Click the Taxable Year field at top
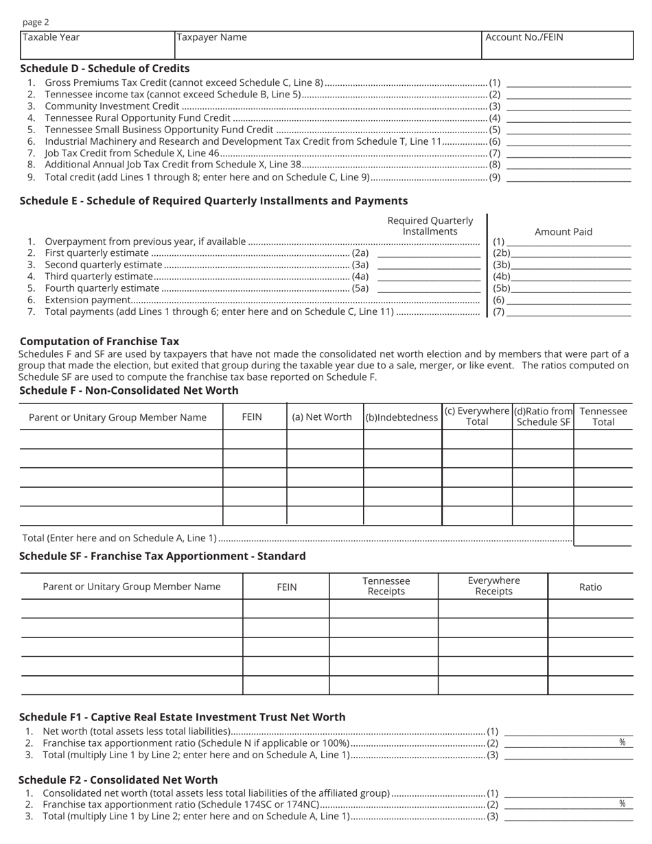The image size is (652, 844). click(97, 45)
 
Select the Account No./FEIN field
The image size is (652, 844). click(557, 45)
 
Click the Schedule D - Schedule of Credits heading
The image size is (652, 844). click(105, 69)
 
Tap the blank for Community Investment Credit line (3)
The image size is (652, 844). click(568, 106)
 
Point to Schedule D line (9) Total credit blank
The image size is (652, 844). click(568, 177)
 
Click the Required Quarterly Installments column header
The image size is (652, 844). click(430, 226)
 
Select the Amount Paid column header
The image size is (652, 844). click(563, 232)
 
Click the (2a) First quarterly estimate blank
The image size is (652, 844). click(429, 253)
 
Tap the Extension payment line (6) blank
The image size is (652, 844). click(568, 300)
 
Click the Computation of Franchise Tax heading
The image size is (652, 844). click(100, 341)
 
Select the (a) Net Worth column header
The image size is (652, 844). click(322, 417)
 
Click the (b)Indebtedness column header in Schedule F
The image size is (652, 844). click(401, 417)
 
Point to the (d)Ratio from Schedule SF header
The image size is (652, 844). click(543, 417)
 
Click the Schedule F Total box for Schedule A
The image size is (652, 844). click(602, 536)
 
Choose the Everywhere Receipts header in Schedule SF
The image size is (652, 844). click(493, 586)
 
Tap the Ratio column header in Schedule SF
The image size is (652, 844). click(590, 587)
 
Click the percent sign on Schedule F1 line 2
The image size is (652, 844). click(622, 742)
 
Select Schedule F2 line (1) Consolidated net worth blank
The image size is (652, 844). click(568, 793)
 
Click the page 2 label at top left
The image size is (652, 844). click(36, 22)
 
